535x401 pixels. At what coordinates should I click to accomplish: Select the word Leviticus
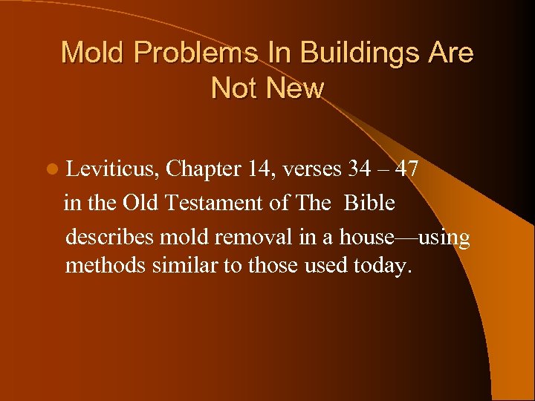click(112, 169)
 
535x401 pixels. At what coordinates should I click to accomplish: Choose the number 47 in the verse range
click(406, 169)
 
